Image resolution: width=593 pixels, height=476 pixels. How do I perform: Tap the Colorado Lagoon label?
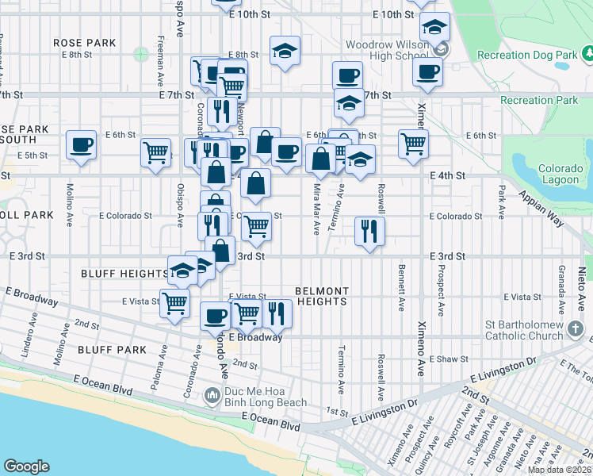point(560,175)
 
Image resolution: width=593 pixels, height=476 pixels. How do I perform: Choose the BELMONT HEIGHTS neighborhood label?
point(321,296)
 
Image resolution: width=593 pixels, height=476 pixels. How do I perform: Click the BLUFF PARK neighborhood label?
point(112,349)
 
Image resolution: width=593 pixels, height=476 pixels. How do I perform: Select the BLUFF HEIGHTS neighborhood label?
point(125,273)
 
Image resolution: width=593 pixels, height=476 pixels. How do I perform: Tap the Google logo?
point(26,466)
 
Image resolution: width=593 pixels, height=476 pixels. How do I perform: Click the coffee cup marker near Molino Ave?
point(81,145)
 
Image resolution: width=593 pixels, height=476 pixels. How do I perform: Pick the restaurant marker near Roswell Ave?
point(369,231)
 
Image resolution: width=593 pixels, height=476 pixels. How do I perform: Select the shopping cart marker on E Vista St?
point(174,303)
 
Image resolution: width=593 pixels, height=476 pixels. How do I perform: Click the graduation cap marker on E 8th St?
point(285,52)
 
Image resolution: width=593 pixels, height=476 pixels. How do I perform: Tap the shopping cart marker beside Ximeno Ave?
point(413,144)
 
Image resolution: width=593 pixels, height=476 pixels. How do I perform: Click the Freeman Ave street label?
point(161,49)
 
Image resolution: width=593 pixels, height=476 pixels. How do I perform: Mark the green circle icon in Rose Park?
point(141,54)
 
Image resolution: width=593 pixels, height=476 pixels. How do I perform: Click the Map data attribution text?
point(560,470)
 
